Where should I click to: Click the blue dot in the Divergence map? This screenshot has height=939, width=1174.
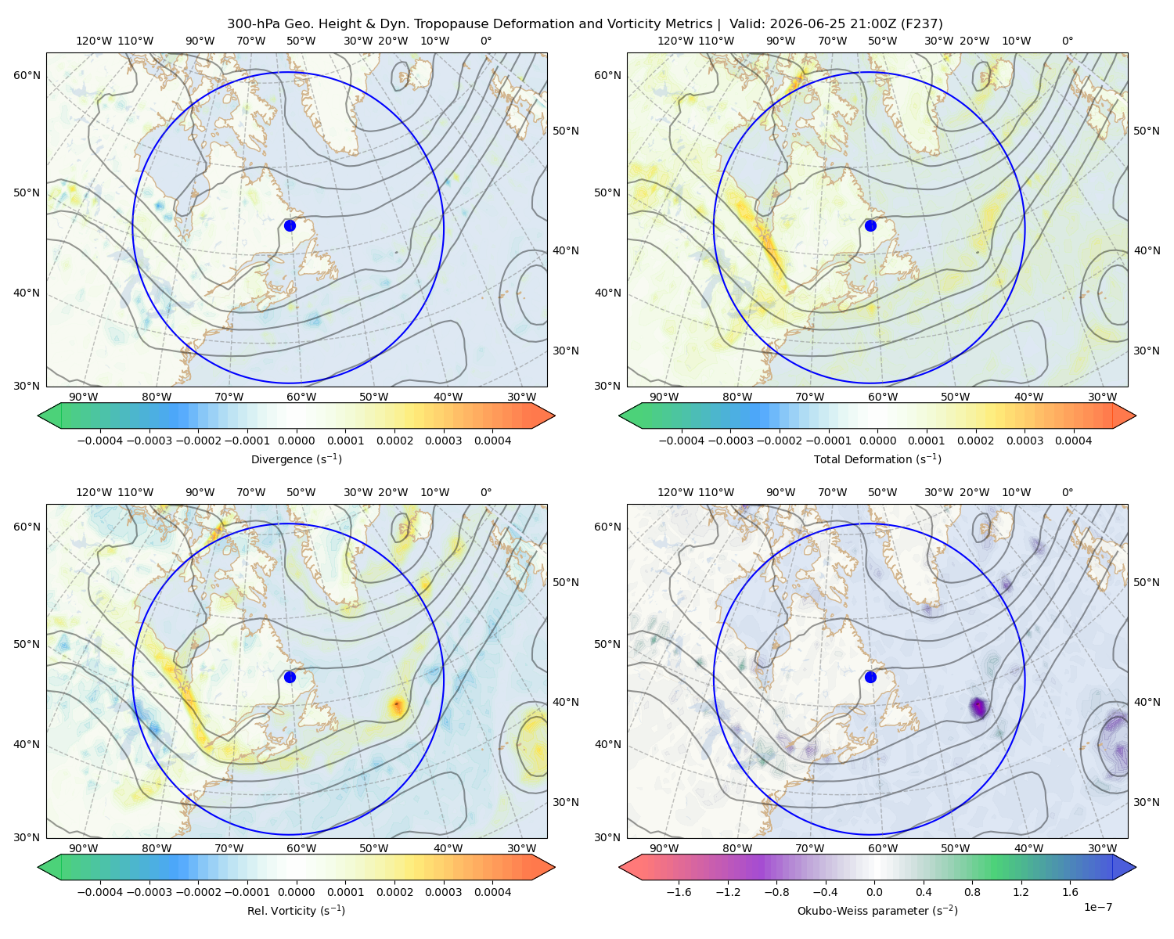(290, 225)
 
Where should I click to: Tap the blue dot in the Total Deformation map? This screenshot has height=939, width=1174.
(870, 225)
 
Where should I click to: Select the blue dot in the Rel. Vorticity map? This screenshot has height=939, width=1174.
(290, 677)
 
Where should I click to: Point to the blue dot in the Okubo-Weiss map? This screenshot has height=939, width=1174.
(870, 677)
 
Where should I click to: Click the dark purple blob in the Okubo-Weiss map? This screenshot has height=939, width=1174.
(978, 707)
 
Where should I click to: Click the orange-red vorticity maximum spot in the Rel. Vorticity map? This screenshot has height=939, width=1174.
(397, 706)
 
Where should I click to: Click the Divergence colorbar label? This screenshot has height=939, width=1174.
(296, 459)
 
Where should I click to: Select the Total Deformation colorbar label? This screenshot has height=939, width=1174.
(877, 459)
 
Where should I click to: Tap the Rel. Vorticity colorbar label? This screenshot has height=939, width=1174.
(296, 910)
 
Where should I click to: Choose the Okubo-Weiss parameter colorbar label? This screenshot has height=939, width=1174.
(877, 910)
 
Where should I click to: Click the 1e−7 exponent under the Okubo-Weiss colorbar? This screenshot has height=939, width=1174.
(1097, 907)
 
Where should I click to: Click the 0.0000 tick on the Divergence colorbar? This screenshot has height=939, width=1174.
(296, 441)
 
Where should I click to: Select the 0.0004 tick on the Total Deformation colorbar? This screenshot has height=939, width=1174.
(1073, 441)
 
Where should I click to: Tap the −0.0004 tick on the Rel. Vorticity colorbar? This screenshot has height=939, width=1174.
(100, 892)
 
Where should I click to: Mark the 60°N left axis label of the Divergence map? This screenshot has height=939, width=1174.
(27, 75)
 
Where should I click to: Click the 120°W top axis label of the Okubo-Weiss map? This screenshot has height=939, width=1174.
(675, 492)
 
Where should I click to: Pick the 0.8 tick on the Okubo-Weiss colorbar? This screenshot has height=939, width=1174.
(972, 892)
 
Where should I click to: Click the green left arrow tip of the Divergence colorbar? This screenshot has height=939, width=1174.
(38, 416)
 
